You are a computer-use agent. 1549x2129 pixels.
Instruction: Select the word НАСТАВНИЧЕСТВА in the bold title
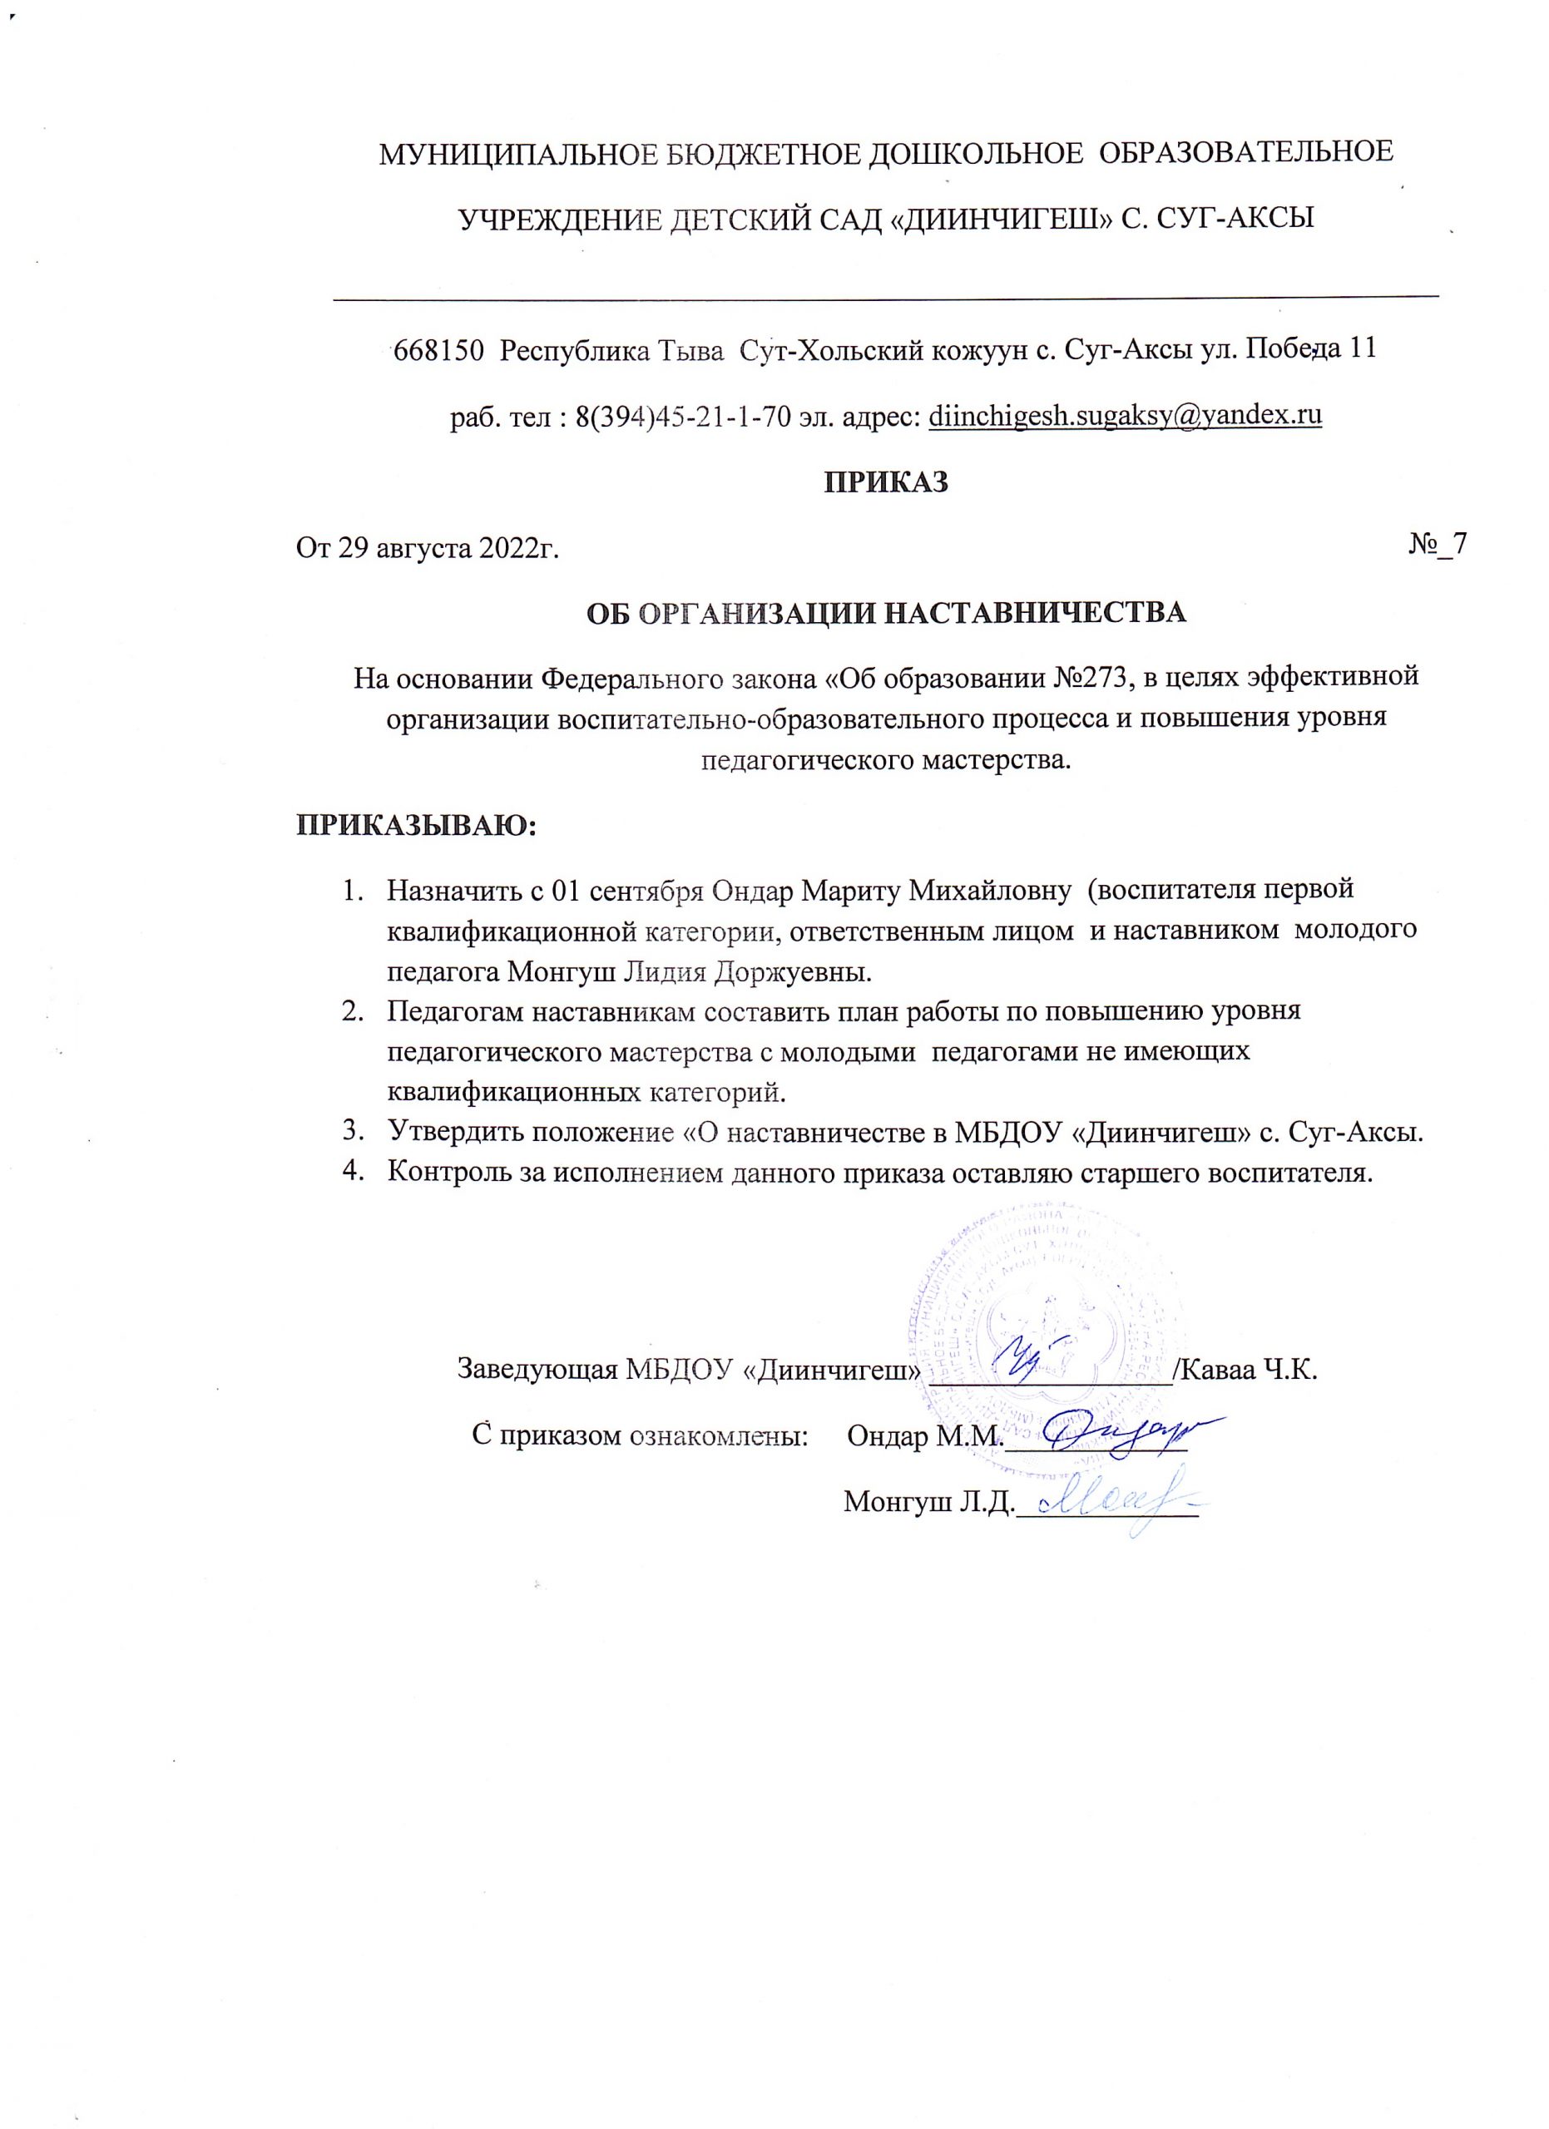(x=1037, y=614)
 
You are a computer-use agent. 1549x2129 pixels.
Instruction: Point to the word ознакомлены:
(x=718, y=1436)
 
